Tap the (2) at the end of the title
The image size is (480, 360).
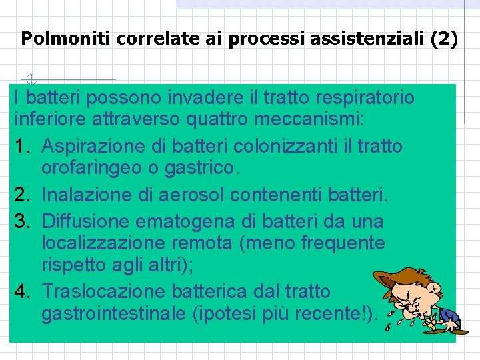coord(444,39)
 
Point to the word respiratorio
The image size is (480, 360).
coord(365,98)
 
